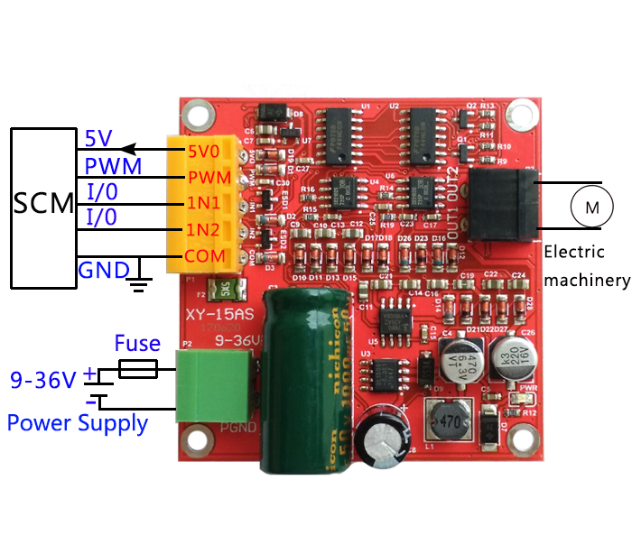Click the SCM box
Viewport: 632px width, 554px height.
[42, 206]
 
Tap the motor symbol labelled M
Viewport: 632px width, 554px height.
[592, 208]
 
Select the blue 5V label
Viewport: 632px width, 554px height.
[98, 139]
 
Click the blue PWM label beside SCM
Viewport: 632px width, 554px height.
[113, 167]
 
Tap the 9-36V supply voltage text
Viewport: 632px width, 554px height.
[42, 380]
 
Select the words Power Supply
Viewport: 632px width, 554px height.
[78, 422]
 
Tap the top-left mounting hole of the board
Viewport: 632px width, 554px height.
[195, 115]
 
